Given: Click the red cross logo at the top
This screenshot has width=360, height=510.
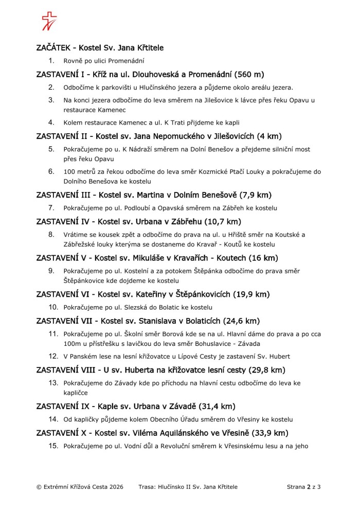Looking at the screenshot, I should [49, 21].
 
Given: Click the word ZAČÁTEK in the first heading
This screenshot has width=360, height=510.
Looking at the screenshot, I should [54, 48].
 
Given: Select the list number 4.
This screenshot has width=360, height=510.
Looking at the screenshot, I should [51, 122].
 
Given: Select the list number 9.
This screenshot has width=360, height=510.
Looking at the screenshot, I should [51, 271].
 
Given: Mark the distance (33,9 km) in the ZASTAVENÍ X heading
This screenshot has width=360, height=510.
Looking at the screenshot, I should [268, 433].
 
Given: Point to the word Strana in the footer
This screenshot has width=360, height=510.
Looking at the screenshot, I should [296, 486].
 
